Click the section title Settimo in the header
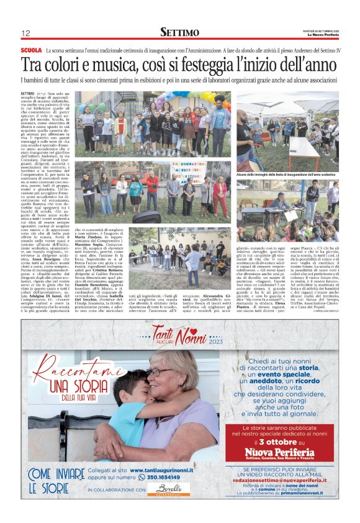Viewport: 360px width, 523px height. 179,32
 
